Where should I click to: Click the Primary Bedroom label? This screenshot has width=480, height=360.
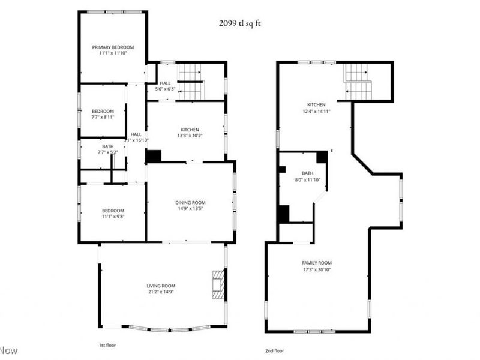(x=113, y=47)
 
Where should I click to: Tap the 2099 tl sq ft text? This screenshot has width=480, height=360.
(x=239, y=23)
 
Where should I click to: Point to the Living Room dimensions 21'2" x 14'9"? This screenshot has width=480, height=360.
(x=161, y=292)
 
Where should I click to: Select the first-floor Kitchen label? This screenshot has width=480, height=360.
(x=190, y=130)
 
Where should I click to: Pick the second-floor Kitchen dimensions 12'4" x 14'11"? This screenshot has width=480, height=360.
(x=316, y=111)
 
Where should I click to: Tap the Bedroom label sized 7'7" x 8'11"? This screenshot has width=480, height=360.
(x=103, y=111)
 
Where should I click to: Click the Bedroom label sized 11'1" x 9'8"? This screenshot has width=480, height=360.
(x=113, y=210)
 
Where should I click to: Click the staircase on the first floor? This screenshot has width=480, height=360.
(x=191, y=82)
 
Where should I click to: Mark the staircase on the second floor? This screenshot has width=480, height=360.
(x=358, y=82)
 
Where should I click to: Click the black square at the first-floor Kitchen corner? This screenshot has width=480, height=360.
(x=154, y=155)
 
